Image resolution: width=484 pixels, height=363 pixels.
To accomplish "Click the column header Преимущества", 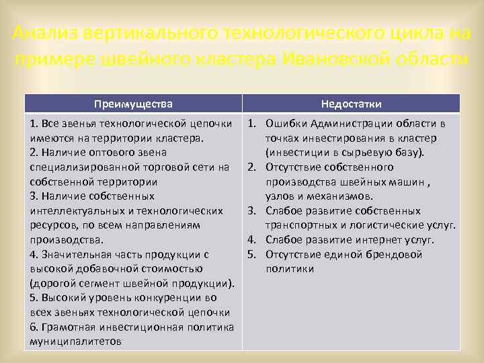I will (133, 104).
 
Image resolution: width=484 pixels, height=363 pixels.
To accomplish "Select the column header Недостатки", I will (352, 104).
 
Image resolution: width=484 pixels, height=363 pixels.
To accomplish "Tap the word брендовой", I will (397, 254).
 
